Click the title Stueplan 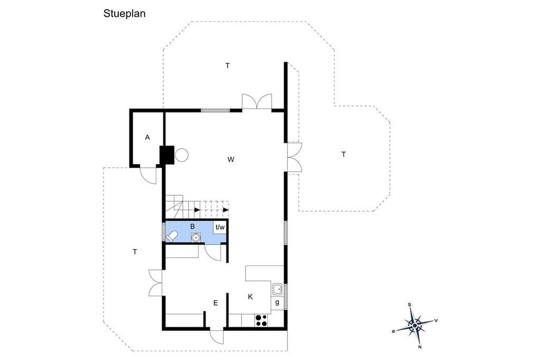coord(124,14)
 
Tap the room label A coord(148,138)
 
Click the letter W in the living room coord(231,159)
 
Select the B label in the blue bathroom coord(192,226)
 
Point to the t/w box coord(220,227)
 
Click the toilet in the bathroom coord(172,236)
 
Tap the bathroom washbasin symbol coord(195,238)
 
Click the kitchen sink coord(277,289)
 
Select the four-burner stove coord(261,320)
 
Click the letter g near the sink coord(277,303)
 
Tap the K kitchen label coord(250,297)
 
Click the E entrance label coord(216,303)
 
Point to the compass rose coord(415,325)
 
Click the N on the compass coord(420,347)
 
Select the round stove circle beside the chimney coord(182,155)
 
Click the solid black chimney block coord(167,155)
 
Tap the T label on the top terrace coord(227,65)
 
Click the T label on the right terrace coord(343,155)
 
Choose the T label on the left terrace coord(135,252)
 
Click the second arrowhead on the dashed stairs coord(226,210)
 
